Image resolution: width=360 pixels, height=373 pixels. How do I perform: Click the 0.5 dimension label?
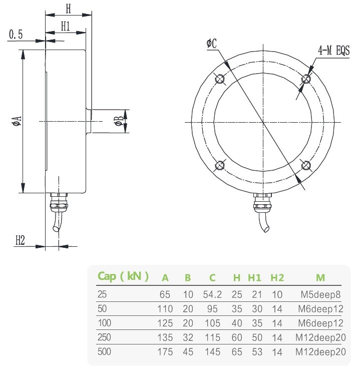coord(16,34)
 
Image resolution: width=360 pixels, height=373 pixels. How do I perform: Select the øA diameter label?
coord(16,121)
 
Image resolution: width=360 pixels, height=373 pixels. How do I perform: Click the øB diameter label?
coord(118,121)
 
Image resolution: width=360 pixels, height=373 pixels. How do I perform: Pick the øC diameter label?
coord(211,44)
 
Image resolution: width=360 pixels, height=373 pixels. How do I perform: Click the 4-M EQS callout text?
coord(333,50)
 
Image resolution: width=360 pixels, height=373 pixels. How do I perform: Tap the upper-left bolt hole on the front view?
coord(219,79)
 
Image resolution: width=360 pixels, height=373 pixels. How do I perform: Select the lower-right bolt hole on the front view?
coord(305,165)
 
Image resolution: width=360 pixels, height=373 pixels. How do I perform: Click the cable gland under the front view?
coord(262,203)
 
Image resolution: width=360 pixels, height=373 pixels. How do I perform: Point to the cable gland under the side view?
coord(59,203)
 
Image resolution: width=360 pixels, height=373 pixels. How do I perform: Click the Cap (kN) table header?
coord(123,276)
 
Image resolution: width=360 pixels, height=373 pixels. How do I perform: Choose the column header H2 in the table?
coord(277,277)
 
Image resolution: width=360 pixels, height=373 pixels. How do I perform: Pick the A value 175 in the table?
coord(165,352)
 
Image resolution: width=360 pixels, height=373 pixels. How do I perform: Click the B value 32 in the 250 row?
coord(188,337)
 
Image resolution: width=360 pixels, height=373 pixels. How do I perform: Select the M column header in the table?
coord(320,277)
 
